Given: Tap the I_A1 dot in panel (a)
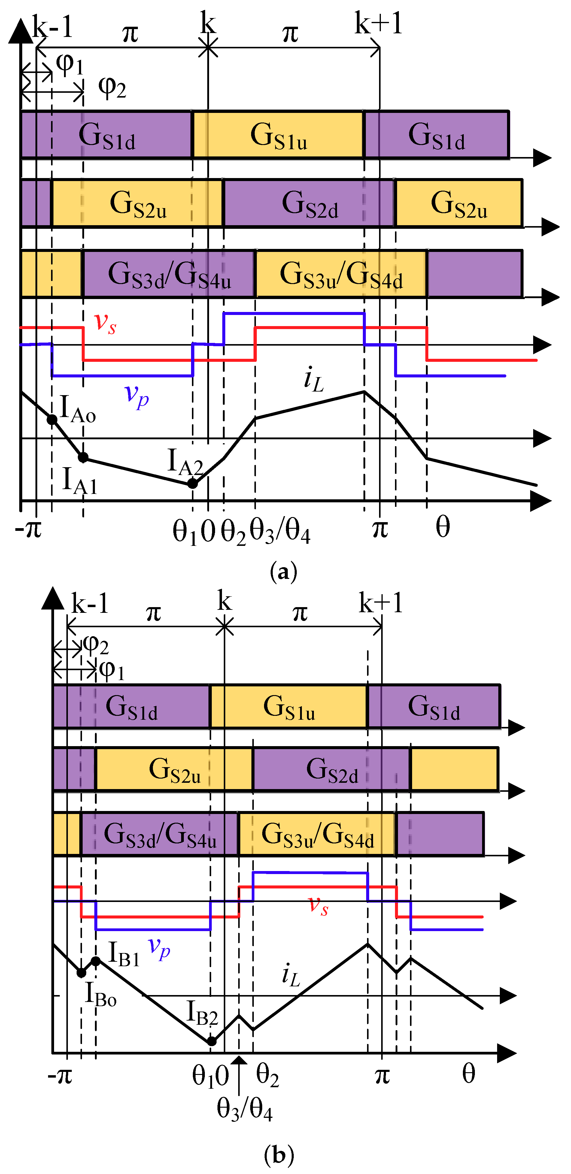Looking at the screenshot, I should coord(83,457).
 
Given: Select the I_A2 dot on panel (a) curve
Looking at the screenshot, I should coord(193,483).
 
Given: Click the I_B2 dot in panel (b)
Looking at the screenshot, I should coord(212,1041).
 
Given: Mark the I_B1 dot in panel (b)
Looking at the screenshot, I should coord(96,961).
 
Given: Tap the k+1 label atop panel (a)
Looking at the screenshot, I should coord(378,24).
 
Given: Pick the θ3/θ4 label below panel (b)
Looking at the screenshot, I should coord(244,1108).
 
